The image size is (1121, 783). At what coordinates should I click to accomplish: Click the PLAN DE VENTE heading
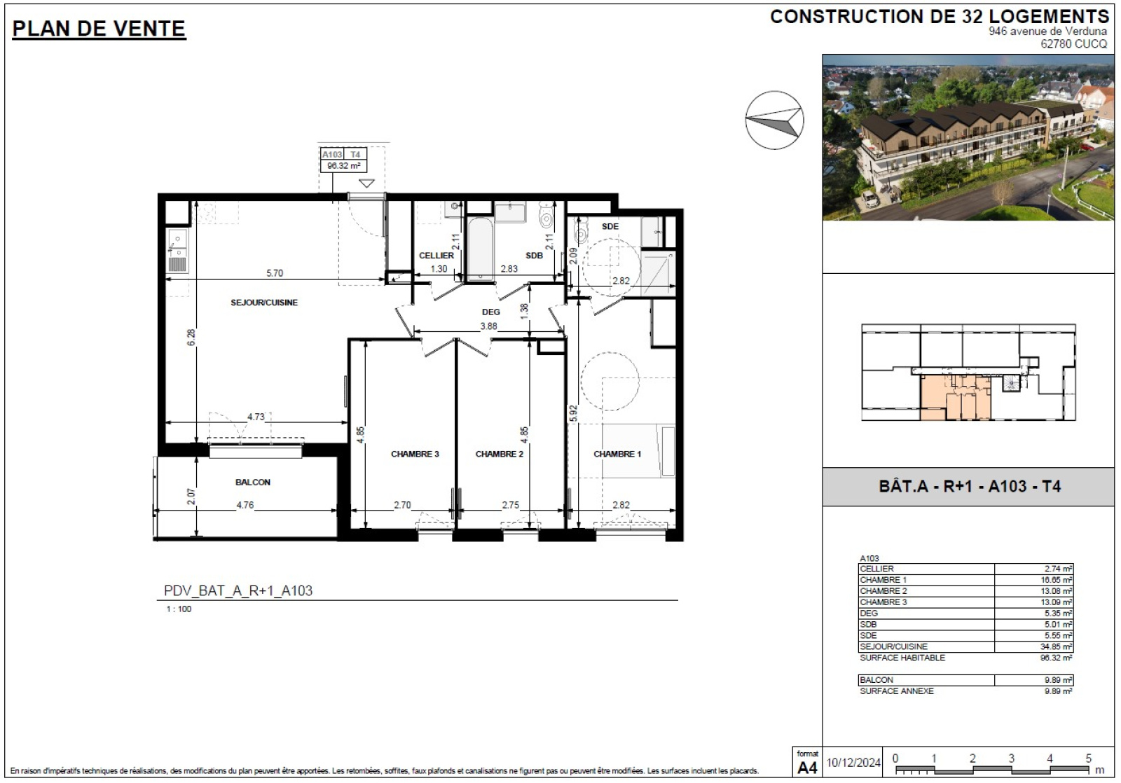pyautogui.click(x=99, y=29)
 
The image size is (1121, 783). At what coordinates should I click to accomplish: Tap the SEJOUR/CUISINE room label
pyautogui.click(x=263, y=302)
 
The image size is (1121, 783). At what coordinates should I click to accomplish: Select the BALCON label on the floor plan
pyautogui.click(x=253, y=482)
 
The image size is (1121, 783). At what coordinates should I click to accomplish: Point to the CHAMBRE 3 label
pyautogui.click(x=415, y=454)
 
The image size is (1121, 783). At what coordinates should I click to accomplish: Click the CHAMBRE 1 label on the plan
pyautogui.click(x=617, y=454)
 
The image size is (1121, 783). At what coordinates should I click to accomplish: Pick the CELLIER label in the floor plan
pyautogui.click(x=436, y=255)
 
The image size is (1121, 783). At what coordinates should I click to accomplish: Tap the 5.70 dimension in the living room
pyautogui.click(x=274, y=273)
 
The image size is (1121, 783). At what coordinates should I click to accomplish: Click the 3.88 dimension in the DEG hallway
pyautogui.click(x=488, y=326)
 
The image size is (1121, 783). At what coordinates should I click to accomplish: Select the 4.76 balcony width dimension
pyautogui.click(x=245, y=506)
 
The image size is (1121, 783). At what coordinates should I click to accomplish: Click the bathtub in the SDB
pyautogui.click(x=480, y=248)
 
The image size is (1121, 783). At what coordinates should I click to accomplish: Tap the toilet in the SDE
pyautogui.click(x=581, y=230)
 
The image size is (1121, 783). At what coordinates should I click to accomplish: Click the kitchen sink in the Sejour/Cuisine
pyautogui.click(x=177, y=242)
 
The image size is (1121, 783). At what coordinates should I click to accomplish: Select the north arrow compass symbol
pyautogui.click(x=774, y=120)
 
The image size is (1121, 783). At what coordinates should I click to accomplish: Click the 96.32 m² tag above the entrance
pyautogui.click(x=343, y=165)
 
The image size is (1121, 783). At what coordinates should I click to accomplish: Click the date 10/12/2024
pyautogui.click(x=853, y=763)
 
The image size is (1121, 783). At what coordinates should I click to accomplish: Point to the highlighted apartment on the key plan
pyautogui.click(x=955, y=399)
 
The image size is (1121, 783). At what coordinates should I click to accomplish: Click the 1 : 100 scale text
pyautogui.click(x=179, y=609)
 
